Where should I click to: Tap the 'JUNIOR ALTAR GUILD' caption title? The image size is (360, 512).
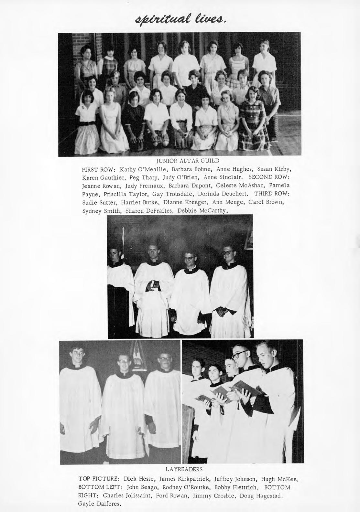[x=188, y=161]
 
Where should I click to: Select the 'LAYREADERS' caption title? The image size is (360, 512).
[x=184, y=469]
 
